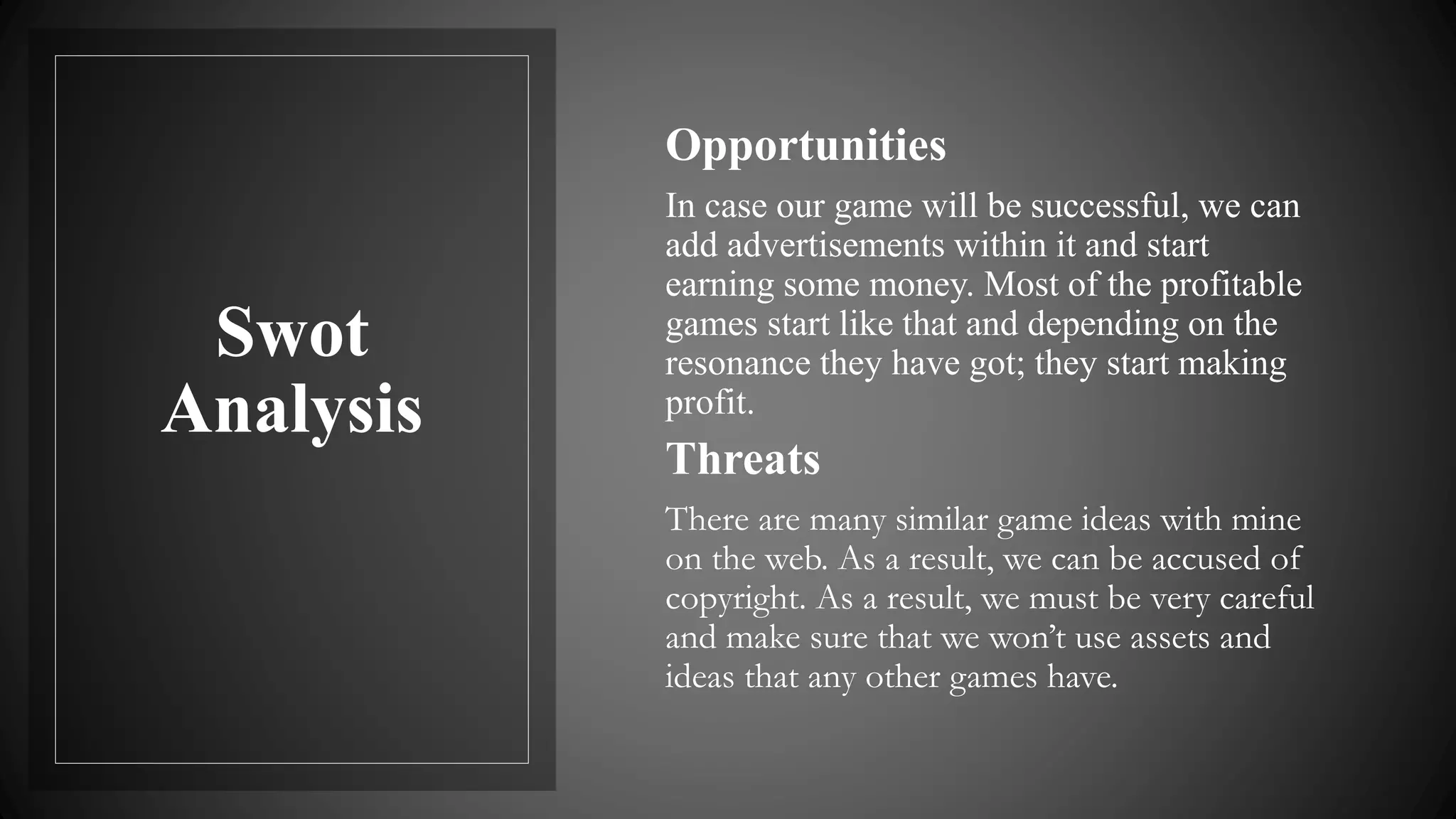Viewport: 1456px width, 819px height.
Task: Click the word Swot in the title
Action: coord(292,332)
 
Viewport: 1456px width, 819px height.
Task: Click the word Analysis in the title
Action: coord(292,409)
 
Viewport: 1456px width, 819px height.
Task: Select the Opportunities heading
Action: coord(805,146)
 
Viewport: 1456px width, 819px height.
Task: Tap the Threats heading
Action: coord(743,459)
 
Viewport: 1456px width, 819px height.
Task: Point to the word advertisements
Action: coord(835,245)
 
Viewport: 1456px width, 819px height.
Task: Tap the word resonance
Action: coord(737,363)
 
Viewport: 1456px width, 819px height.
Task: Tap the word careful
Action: coord(1266,598)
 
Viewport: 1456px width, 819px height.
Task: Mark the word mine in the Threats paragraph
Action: coord(1265,520)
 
